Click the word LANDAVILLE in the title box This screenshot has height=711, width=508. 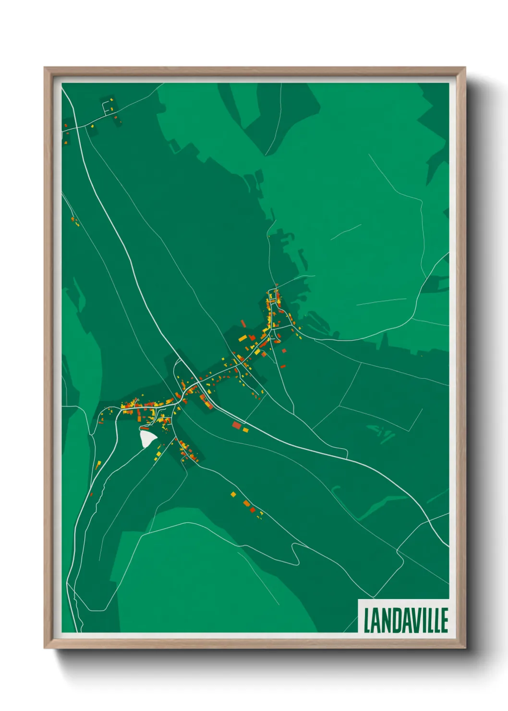coord(406,620)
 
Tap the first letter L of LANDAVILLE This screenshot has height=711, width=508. coord(367,620)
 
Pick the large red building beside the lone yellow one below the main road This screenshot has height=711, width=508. coord(236,425)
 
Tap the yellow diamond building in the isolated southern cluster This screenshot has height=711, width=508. coord(233,494)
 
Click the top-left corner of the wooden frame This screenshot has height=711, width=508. coord(45,68)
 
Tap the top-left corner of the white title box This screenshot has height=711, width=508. coord(358,600)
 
